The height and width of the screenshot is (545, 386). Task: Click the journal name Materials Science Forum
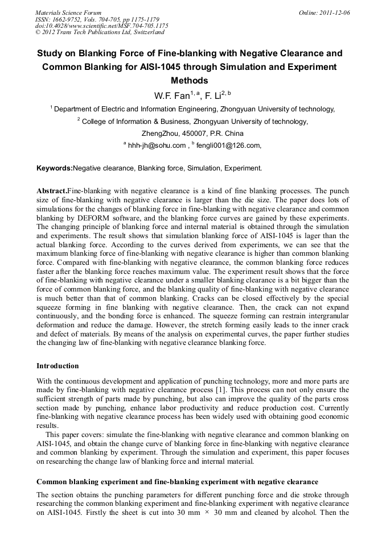(68, 13)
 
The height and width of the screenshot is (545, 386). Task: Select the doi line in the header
(101, 26)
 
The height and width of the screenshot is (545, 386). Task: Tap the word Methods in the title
(190, 81)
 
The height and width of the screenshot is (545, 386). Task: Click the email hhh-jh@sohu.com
(157, 145)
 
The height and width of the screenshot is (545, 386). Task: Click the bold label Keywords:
(55, 169)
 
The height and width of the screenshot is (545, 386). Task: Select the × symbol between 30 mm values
(207, 505)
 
